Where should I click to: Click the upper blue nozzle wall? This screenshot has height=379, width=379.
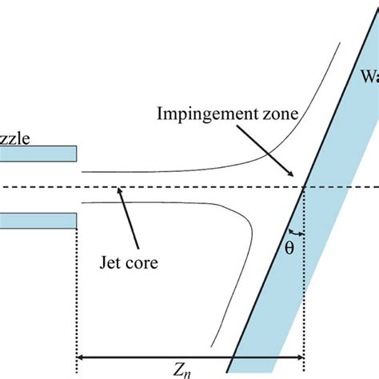pyautogui.click(x=38, y=152)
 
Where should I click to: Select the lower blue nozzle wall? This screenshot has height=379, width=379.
pyautogui.click(x=38, y=219)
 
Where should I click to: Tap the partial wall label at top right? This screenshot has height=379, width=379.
pyautogui.click(x=369, y=78)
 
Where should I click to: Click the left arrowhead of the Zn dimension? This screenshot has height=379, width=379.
pyautogui.click(x=81, y=357)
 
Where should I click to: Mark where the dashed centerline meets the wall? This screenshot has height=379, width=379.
pyautogui.click(x=305, y=188)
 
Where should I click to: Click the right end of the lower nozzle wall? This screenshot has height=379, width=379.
pyautogui.click(x=74, y=219)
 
